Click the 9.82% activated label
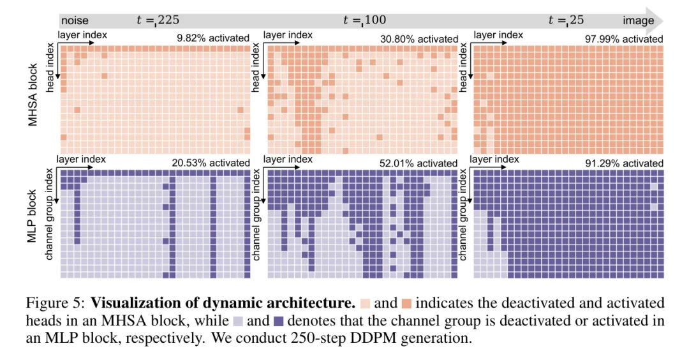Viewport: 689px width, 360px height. click(214, 38)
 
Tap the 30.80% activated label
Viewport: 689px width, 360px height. click(419, 38)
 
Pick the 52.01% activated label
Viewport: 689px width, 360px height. click(419, 163)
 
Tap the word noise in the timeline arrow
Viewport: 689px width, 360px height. click(75, 20)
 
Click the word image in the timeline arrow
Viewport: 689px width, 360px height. click(639, 20)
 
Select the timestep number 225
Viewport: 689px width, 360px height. click(168, 20)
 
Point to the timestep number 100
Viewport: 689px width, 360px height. click(374, 20)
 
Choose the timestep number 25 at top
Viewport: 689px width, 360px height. click(577, 20)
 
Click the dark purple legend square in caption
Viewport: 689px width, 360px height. click(278, 320)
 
